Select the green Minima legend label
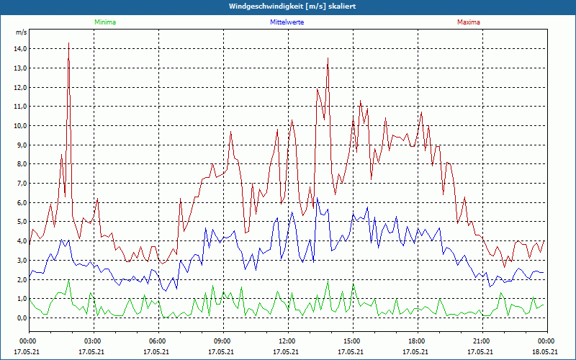click(x=104, y=22)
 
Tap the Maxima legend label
click(x=468, y=22)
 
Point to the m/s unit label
click(x=21, y=32)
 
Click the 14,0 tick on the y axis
click(x=20, y=48)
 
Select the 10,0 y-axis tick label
click(x=20, y=125)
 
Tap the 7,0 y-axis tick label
click(x=20, y=183)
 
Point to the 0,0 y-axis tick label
click(x=20, y=318)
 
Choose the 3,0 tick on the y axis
click(x=20, y=260)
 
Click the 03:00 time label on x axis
click(x=93, y=341)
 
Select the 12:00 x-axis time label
click(x=287, y=341)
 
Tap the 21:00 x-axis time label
click(x=482, y=341)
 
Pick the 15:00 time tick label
click(x=352, y=341)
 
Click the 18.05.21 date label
click(x=545, y=352)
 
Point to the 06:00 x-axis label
click(x=158, y=341)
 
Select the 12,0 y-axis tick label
click(x=20, y=87)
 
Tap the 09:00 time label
click(x=222, y=341)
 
